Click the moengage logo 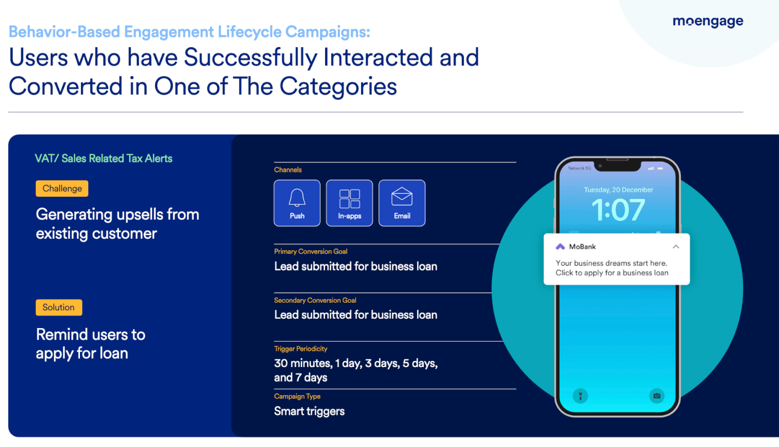[x=708, y=22]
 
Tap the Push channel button [x=297, y=203]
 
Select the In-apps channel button [x=350, y=203]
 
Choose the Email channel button [x=402, y=203]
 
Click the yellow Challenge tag [x=62, y=188]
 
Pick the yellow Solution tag [x=59, y=307]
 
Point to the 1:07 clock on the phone [x=618, y=210]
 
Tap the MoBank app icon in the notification [x=560, y=247]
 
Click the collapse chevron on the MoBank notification [x=676, y=247]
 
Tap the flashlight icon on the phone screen [x=580, y=396]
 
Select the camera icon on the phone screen [x=656, y=396]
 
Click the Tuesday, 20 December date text [x=619, y=190]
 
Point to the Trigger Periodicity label [x=301, y=349]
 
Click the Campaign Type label [x=297, y=396]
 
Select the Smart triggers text [x=309, y=411]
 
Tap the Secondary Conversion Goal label [x=315, y=300]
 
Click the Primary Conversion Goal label [x=311, y=251]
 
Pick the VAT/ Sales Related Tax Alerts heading [x=104, y=158]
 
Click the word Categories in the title [x=338, y=87]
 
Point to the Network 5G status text [x=580, y=168]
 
